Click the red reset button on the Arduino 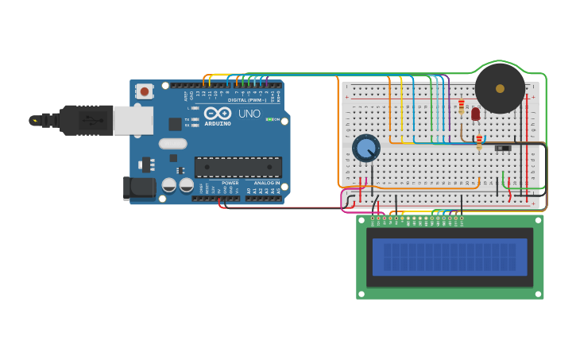[144, 91]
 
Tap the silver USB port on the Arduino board [133, 120]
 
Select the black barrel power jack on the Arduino [136, 188]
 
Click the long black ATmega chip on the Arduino [238, 167]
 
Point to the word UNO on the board [249, 114]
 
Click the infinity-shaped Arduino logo [218, 113]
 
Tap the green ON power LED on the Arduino [269, 119]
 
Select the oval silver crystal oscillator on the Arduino [172, 144]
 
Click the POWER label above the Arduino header [230, 183]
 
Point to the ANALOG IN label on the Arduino [265, 183]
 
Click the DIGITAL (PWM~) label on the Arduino [247, 100]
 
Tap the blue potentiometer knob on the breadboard [366, 148]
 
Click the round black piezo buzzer [500, 88]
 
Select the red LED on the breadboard [475, 114]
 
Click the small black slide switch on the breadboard [502, 148]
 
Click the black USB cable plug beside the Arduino [83, 120]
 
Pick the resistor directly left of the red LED [461, 106]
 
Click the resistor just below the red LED [479, 142]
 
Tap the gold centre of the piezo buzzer [500, 88]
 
